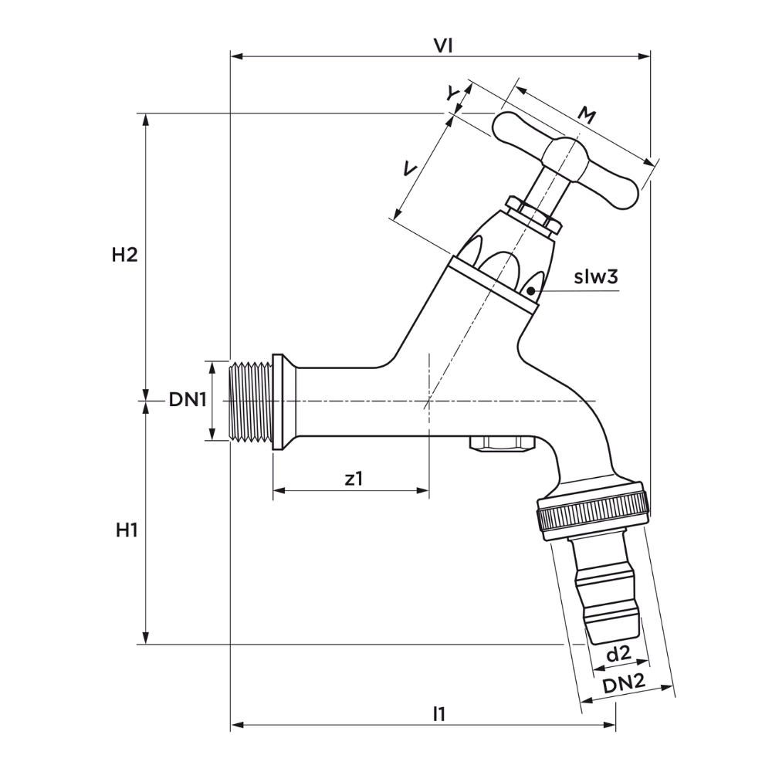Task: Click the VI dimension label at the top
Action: (x=442, y=46)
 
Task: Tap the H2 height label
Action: (x=124, y=255)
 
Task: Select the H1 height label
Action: (x=126, y=530)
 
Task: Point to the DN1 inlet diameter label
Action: (x=187, y=399)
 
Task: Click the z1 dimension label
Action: (x=354, y=479)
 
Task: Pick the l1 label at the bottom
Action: (x=439, y=713)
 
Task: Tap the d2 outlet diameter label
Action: (x=618, y=654)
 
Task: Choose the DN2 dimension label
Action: (x=624, y=683)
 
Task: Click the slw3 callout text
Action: (x=597, y=276)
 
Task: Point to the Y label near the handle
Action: (x=454, y=93)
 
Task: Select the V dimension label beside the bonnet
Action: (x=411, y=169)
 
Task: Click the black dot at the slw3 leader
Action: (x=531, y=290)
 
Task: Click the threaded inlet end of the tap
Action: (x=249, y=401)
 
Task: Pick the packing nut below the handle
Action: (x=533, y=214)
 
